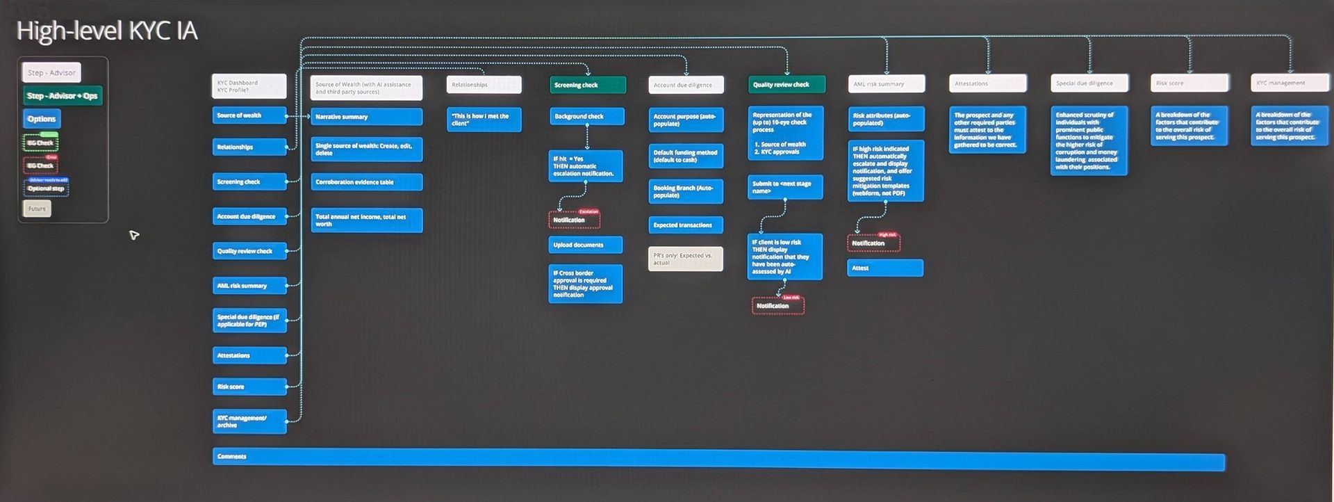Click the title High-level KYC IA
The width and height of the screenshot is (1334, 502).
(x=107, y=31)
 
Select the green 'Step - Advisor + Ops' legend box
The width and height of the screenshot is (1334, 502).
(x=63, y=96)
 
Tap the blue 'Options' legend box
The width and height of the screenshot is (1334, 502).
(x=42, y=119)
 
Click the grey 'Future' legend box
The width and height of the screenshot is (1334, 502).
(x=37, y=209)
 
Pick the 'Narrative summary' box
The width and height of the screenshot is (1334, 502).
(x=366, y=117)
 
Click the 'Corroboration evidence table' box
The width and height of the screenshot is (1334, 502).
(x=366, y=182)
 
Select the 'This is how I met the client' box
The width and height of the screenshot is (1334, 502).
(x=484, y=120)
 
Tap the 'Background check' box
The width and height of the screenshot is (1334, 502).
(x=586, y=116)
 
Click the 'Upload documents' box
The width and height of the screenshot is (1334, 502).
(x=585, y=245)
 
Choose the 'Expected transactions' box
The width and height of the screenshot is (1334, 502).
(x=685, y=225)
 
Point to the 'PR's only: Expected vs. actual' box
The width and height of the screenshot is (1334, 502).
(x=685, y=259)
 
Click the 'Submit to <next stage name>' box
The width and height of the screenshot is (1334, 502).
(x=785, y=187)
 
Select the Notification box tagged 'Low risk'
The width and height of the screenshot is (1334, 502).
(x=777, y=306)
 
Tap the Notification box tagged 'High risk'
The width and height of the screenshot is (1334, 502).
(x=873, y=243)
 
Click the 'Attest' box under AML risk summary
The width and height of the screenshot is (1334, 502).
(x=884, y=268)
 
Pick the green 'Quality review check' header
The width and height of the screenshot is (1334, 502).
(x=787, y=85)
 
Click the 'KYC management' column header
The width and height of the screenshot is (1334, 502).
(x=1290, y=83)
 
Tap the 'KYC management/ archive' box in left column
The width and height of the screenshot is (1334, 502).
(x=249, y=421)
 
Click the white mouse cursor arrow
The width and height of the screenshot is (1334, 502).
(x=133, y=235)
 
